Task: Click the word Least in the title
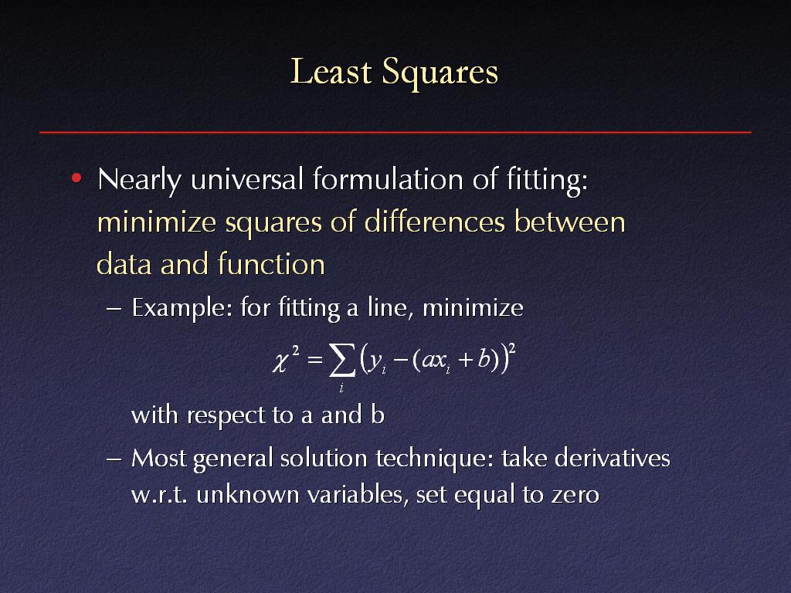pyautogui.click(x=331, y=71)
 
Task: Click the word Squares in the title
pyautogui.click(x=440, y=73)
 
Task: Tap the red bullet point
pyautogui.click(x=76, y=178)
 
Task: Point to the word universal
pyautogui.click(x=246, y=178)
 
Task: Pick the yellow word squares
pyautogui.click(x=273, y=223)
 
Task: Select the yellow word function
pyautogui.click(x=271, y=264)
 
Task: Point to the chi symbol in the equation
pyautogui.click(x=281, y=362)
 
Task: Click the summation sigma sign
pyautogui.click(x=341, y=360)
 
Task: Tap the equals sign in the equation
pyautogui.click(x=314, y=360)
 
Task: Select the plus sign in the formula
pyautogui.click(x=465, y=360)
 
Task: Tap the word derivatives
pyautogui.click(x=612, y=458)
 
